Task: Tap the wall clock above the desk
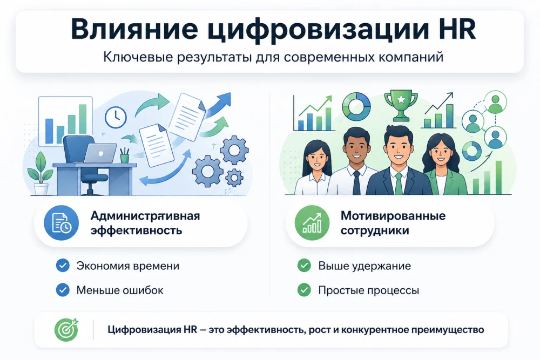[115, 116]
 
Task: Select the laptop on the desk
[100, 153]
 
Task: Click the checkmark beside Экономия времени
[63, 266]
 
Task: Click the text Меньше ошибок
[119, 290]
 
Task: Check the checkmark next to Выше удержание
[304, 266]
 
